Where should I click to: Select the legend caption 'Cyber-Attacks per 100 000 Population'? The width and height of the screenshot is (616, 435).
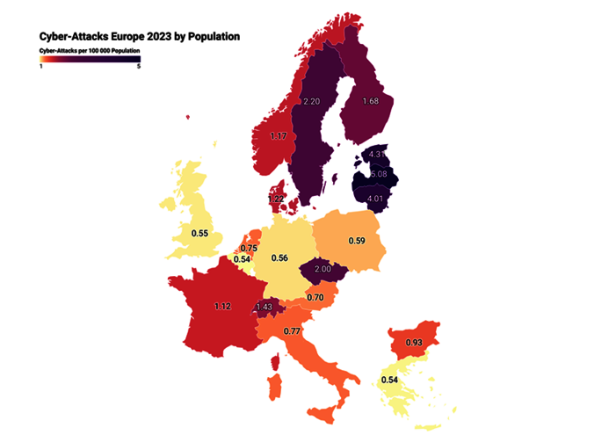click(91, 52)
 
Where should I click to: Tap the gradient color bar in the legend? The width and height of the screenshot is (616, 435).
click(91, 60)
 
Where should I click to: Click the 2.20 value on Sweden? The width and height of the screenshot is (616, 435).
click(310, 102)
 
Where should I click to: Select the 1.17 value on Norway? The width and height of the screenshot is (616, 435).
click(279, 136)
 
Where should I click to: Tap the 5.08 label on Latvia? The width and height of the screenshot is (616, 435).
click(378, 174)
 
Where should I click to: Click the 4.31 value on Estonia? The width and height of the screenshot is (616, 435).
click(378, 154)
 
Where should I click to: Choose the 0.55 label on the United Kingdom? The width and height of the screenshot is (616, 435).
click(199, 234)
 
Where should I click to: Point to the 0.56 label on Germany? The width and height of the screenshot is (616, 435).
click(280, 257)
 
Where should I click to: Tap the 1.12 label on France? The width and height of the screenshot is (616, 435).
click(223, 306)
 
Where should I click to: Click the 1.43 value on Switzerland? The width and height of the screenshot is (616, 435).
click(264, 307)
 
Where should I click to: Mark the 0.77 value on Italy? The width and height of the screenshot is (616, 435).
click(293, 332)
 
